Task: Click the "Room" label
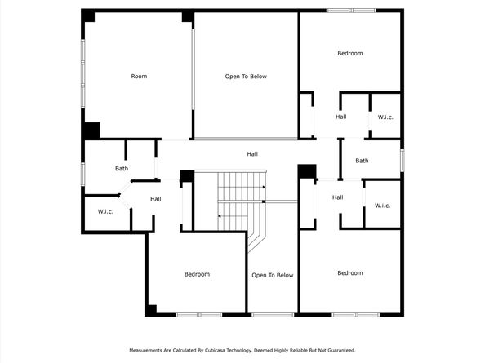(139, 77)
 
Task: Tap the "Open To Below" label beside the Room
(246, 77)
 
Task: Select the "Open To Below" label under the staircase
(273, 275)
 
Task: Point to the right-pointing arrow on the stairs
(263, 188)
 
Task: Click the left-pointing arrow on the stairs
(219, 216)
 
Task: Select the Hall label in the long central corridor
(253, 153)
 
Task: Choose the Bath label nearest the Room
(122, 169)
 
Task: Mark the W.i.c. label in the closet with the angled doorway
(105, 212)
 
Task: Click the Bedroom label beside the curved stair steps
(197, 274)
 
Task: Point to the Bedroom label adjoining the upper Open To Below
(350, 54)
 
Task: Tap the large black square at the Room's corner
(91, 131)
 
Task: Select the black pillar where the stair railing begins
(187, 175)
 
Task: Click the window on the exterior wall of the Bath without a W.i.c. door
(402, 160)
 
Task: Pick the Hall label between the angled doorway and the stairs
(156, 199)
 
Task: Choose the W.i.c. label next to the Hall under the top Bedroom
(385, 117)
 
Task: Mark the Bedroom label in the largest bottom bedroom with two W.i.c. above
(350, 272)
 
